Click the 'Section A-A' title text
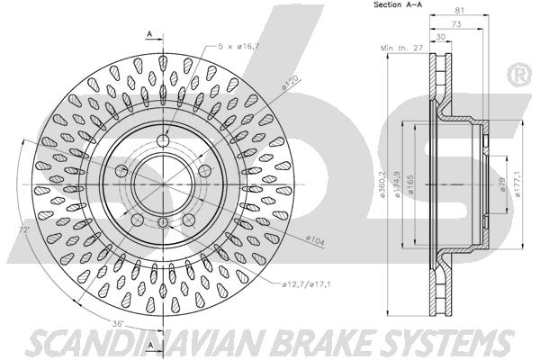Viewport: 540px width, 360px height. click(398, 4)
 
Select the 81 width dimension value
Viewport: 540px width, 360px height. click(460, 10)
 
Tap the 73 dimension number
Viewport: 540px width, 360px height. click(456, 24)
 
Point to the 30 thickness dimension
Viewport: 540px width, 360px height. click(441, 37)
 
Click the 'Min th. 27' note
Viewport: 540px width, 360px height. click(402, 48)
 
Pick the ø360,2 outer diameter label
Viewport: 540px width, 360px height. click(382, 184)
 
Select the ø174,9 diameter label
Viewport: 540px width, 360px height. click(397, 184)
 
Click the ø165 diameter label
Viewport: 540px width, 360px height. click(410, 184)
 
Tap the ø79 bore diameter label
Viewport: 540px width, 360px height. click(501, 184)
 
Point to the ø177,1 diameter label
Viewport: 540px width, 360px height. click(518, 184)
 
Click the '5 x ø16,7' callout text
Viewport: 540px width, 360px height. click(238, 46)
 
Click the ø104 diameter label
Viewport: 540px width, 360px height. click(315, 240)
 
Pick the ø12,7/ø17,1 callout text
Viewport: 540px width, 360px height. click(306, 284)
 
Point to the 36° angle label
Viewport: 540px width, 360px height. click(118, 323)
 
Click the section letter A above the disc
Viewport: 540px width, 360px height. click(149, 34)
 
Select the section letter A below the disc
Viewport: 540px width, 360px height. click(150, 346)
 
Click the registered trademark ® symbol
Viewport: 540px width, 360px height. click(519, 75)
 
